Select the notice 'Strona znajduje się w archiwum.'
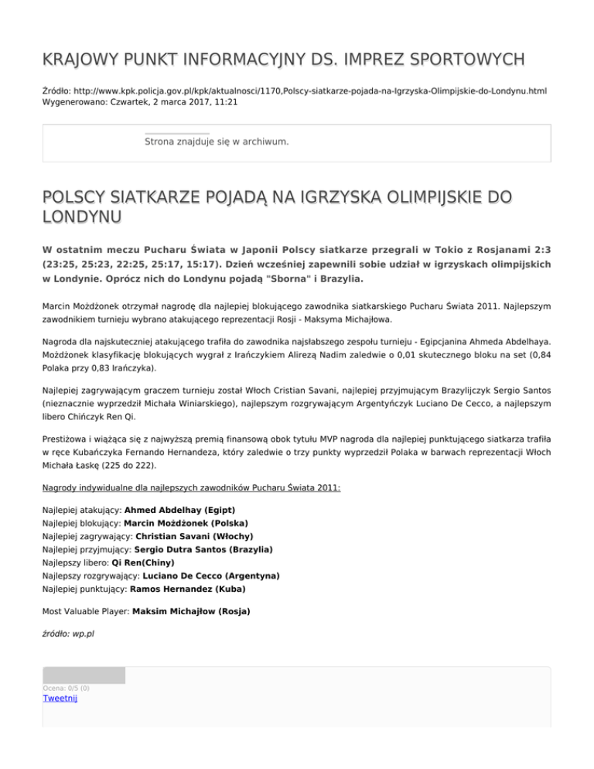tap(217, 142)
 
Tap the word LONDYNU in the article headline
tap(81, 214)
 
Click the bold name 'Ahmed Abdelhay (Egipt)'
tap(179, 511)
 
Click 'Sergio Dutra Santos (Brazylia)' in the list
tap(203, 550)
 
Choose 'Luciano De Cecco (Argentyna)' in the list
tap(207, 576)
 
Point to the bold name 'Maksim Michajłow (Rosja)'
tap(192, 612)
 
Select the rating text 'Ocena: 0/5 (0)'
tap(67, 688)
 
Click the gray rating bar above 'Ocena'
tap(84, 675)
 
